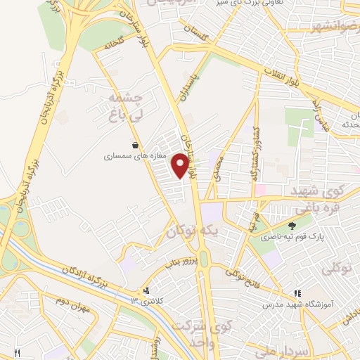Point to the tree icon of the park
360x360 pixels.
click(291, 226)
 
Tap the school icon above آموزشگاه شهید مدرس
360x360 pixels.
click(298, 292)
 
